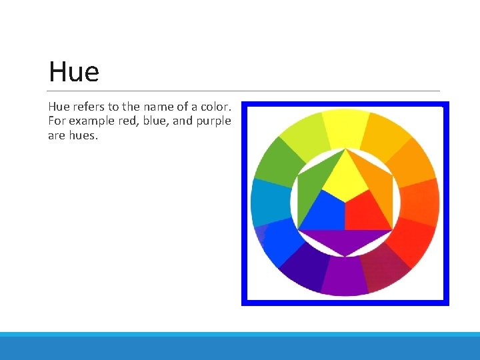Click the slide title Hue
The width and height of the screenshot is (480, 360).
tap(73, 72)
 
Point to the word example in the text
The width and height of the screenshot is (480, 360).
tap(93, 121)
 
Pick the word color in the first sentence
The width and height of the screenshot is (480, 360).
tap(215, 107)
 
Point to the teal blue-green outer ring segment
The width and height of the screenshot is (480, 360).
tap(269, 201)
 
